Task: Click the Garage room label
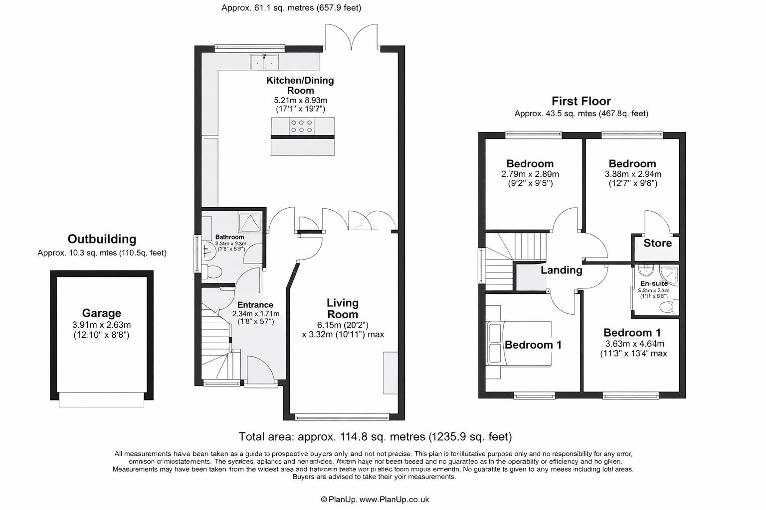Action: point(101,313)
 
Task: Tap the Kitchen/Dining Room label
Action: point(300,85)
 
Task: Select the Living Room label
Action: point(343,308)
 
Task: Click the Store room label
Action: point(657,243)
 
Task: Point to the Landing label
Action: point(562,270)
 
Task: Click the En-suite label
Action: point(654,283)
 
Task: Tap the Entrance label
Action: point(255,305)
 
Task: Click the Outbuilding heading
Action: point(102,239)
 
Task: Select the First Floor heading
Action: point(581,101)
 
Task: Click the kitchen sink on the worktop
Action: point(264,62)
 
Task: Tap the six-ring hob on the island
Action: point(302,126)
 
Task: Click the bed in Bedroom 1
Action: point(520,344)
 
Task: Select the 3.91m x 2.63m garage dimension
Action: point(101,325)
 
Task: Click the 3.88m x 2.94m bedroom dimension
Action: point(633,174)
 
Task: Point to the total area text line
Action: point(375,437)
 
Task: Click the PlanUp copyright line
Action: point(375,500)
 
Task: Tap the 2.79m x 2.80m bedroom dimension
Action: point(530,174)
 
